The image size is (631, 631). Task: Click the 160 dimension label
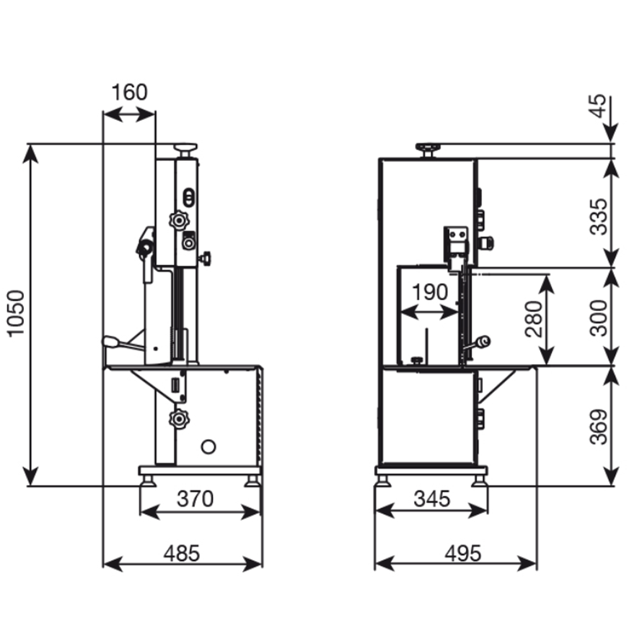coord(129,92)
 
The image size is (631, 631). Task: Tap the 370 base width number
coord(195,499)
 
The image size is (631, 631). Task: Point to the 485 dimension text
coord(182,553)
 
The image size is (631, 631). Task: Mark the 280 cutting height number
coord(533,319)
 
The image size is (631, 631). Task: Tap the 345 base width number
coord(432,499)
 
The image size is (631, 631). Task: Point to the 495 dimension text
coord(463,553)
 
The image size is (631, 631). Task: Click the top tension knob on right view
coord(427,149)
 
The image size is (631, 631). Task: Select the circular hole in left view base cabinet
coord(207,446)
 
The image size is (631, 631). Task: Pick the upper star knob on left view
coord(178,220)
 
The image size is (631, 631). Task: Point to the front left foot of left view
coord(149,481)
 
